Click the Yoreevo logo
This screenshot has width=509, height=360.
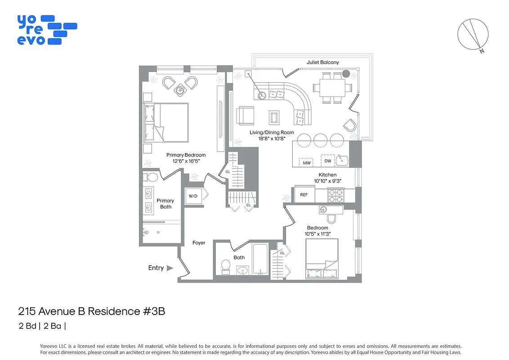pos(47,30)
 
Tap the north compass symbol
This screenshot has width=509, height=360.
pos(473,34)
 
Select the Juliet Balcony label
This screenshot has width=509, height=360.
pos(322,62)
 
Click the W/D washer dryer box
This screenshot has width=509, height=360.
pos(193,196)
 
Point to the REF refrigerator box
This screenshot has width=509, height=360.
pos(304,195)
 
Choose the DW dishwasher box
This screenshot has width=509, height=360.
pos(327,161)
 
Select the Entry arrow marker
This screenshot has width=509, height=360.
pos(170,268)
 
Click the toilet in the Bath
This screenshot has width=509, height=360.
pos(226,267)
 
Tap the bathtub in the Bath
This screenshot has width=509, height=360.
pos(260,259)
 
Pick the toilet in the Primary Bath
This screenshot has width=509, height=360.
pos(152,176)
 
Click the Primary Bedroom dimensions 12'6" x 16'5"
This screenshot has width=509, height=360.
pos(186,161)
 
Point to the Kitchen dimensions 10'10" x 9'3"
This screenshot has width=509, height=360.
pos(327,181)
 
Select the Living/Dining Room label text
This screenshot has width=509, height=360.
pos(272,132)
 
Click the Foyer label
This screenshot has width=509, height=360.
pos(199,243)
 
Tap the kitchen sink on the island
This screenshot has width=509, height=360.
pos(342,159)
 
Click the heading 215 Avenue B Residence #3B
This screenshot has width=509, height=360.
pos(91,311)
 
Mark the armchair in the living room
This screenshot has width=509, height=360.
pos(246,115)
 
